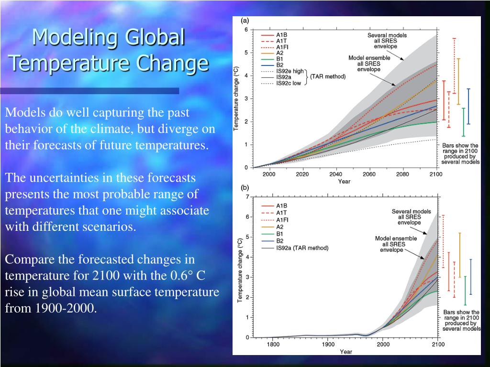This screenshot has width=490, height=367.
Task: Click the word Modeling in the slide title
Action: click(71, 37)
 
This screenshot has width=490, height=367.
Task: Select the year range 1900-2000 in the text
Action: click(65, 308)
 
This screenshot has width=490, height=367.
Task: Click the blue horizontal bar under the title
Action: click(89, 91)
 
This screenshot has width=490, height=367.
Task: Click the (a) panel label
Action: click(245, 21)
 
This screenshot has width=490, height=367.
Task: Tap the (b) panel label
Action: click(245, 188)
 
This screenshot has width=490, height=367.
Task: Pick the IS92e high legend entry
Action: click(290, 71)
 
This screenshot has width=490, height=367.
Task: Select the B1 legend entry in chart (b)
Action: click(279, 234)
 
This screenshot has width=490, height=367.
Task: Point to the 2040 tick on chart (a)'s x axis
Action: click(335, 174)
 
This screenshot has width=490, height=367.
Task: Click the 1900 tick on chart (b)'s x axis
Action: click(328, 344)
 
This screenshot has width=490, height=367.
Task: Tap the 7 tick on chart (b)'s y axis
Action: click(247, 197)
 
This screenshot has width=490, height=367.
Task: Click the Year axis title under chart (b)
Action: click(345, 352)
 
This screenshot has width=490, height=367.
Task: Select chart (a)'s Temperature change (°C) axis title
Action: click(236, 99)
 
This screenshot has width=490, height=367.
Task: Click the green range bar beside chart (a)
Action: click(463, 122)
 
